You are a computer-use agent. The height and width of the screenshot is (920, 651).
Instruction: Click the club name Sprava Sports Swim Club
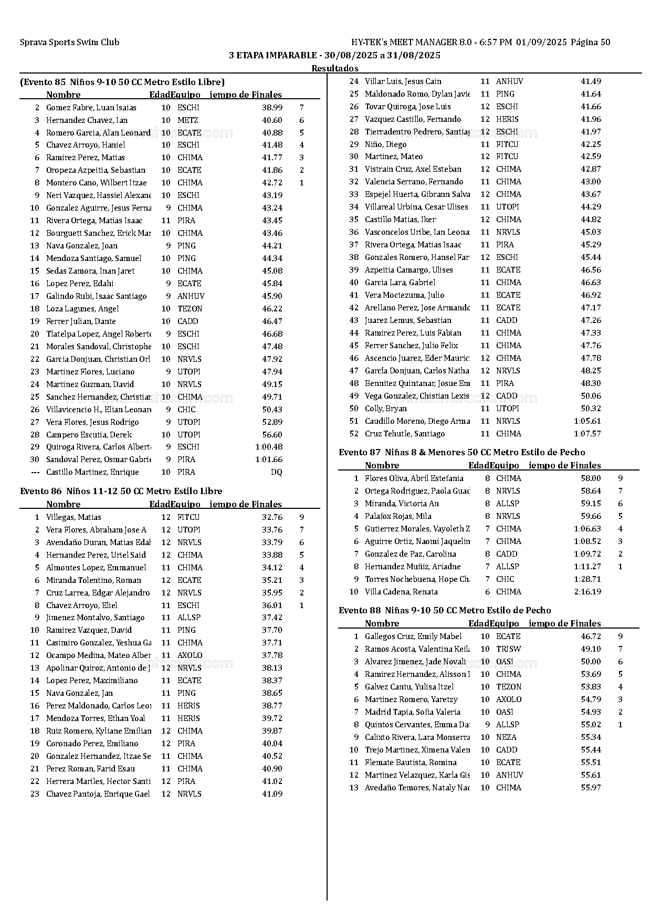coord(69,43)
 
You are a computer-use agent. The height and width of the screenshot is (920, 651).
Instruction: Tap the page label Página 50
coord(590,43)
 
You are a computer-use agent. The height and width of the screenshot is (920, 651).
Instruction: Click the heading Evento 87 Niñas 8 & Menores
coord(461,453)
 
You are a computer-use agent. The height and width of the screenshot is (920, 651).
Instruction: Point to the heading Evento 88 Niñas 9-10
coord(445,611)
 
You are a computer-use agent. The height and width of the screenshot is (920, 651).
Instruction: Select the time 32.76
coord(272,517)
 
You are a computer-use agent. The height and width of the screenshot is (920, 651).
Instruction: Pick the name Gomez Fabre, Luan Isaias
coord(91,108)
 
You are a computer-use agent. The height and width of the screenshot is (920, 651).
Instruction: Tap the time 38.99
coord(272,108)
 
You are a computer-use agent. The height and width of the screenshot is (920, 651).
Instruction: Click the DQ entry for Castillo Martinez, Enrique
coord(276,472)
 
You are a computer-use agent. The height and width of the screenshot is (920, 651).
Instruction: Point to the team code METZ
coord(187,120)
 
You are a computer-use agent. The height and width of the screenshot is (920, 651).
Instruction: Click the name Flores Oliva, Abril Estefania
coord(414,478)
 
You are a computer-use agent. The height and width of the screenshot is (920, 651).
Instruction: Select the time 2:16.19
coord(587,592)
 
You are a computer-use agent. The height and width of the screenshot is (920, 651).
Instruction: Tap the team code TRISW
coord(508,649)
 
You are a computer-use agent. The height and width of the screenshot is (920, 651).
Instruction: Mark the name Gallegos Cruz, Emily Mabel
coord(413,636)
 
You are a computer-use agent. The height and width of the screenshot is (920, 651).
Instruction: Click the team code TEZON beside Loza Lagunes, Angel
coord(190,309)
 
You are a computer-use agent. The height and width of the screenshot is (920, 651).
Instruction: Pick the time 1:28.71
coord(587,579)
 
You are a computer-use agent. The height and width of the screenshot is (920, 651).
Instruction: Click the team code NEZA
coord(506,737)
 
